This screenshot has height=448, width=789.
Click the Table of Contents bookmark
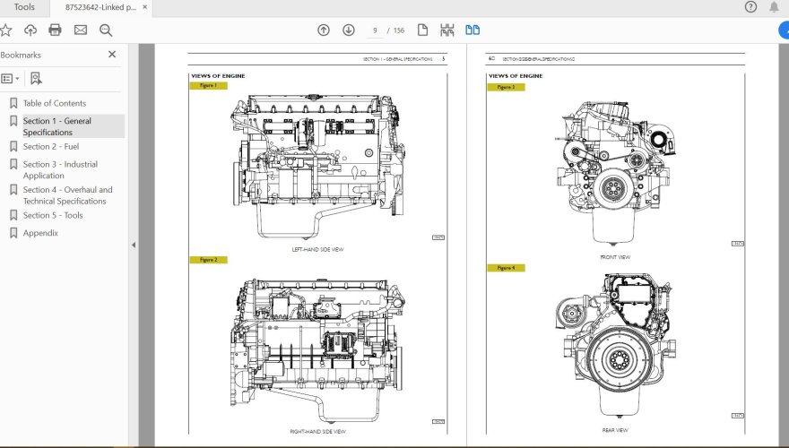click(54, 103)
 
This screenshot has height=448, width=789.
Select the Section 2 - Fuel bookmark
click(50, 146)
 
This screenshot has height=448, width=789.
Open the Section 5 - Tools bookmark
click(53, 215)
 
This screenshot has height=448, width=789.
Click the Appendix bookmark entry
click(40, 233)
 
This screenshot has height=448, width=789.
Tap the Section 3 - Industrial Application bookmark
click(60, 169)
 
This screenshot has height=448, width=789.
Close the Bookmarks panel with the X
click(112, 55)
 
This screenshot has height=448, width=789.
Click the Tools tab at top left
click(24, 7)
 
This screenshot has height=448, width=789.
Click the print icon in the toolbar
click(55, 30)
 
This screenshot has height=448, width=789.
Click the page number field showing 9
click(375, 30)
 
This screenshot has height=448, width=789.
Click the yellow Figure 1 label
click(208, 86)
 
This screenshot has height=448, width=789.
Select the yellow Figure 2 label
click(208, 260)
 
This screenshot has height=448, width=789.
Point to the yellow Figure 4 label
click(506, 268)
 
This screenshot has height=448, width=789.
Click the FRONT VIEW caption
click(615, 257)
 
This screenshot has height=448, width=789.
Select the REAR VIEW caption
click(615, 430)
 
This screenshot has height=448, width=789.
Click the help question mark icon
click(750, 7)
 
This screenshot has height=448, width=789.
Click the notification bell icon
click(774, 7)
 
